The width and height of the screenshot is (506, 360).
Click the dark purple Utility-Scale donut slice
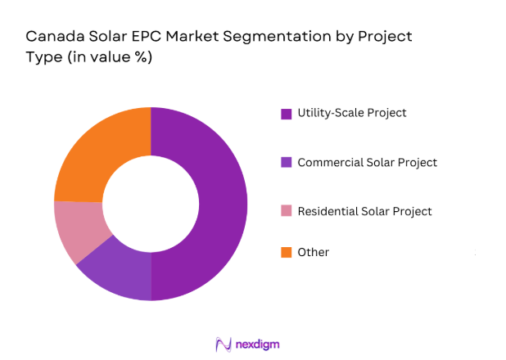[221, 205]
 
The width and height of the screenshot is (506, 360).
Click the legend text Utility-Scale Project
[352, 113]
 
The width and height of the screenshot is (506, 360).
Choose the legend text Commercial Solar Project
[367, 162]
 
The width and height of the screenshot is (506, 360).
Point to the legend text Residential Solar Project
[364, 211]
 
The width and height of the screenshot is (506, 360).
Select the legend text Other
[314, 252]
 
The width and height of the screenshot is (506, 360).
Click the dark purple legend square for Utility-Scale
[287, 114]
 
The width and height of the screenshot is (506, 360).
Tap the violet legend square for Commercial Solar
[287, 162]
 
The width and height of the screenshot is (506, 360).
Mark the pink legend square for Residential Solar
[287, 212]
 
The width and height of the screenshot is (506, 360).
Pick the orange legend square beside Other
[287, 252]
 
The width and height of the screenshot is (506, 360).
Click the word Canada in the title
[51, 37]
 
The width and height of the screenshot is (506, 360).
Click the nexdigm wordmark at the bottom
[255, 344]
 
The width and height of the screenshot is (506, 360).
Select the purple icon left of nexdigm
[221, 344]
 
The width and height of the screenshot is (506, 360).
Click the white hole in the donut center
[151, 202]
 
